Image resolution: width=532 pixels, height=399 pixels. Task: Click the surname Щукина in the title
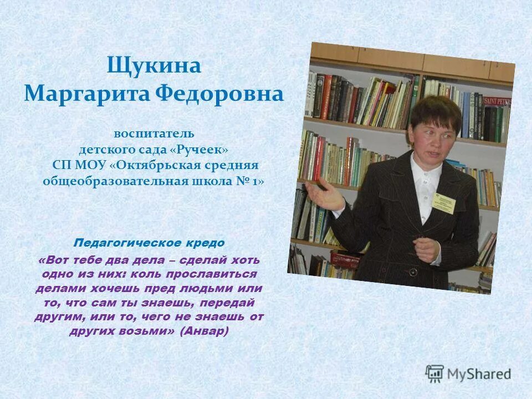154,66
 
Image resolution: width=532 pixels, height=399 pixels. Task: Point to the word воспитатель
154,134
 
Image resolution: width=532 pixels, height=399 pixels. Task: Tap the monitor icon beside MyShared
434,374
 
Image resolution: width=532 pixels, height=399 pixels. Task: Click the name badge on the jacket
444,203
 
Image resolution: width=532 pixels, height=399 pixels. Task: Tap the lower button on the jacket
413,272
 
